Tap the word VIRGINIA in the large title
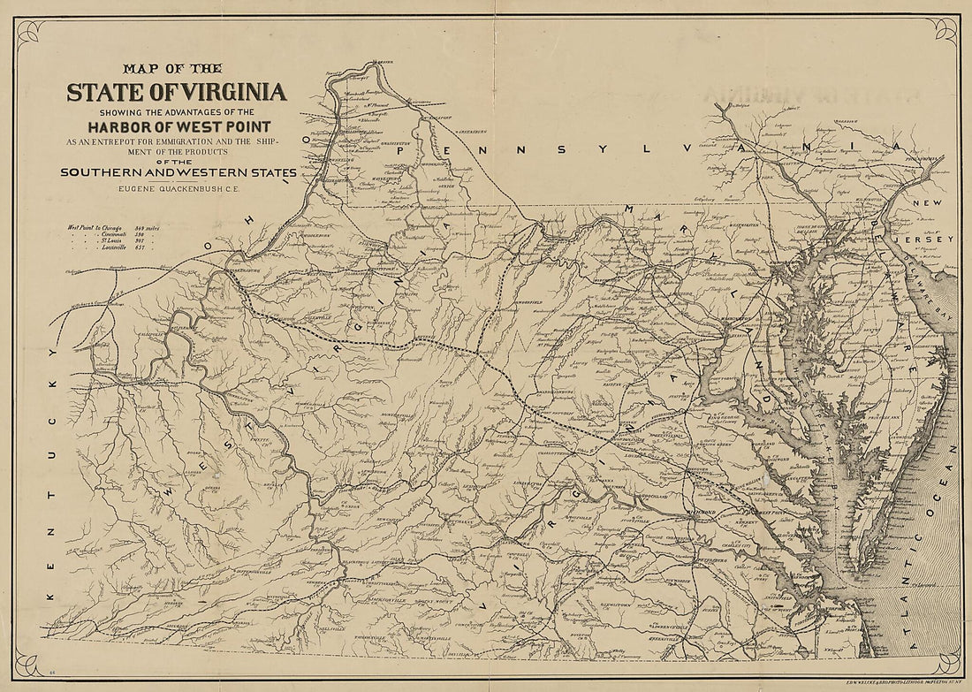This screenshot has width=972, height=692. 232,91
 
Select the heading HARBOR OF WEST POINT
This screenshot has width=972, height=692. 173,127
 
